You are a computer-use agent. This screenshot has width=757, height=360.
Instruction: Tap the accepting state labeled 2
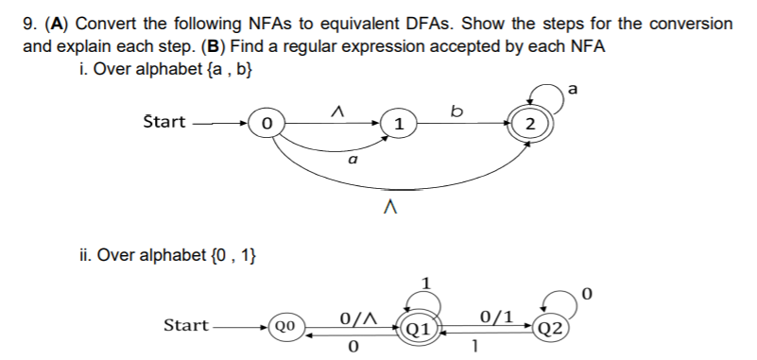(x=529, y=124)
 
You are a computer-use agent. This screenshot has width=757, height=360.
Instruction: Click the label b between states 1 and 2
(x=458, y=111)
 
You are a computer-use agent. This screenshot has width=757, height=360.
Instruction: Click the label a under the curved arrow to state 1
(x=352, y=163)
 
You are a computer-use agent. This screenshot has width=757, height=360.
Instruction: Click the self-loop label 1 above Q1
(x=426, y=282)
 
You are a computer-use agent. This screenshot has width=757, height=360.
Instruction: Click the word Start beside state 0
(x=163, y=121)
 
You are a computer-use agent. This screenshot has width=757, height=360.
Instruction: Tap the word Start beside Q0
(x=186, y=325)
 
